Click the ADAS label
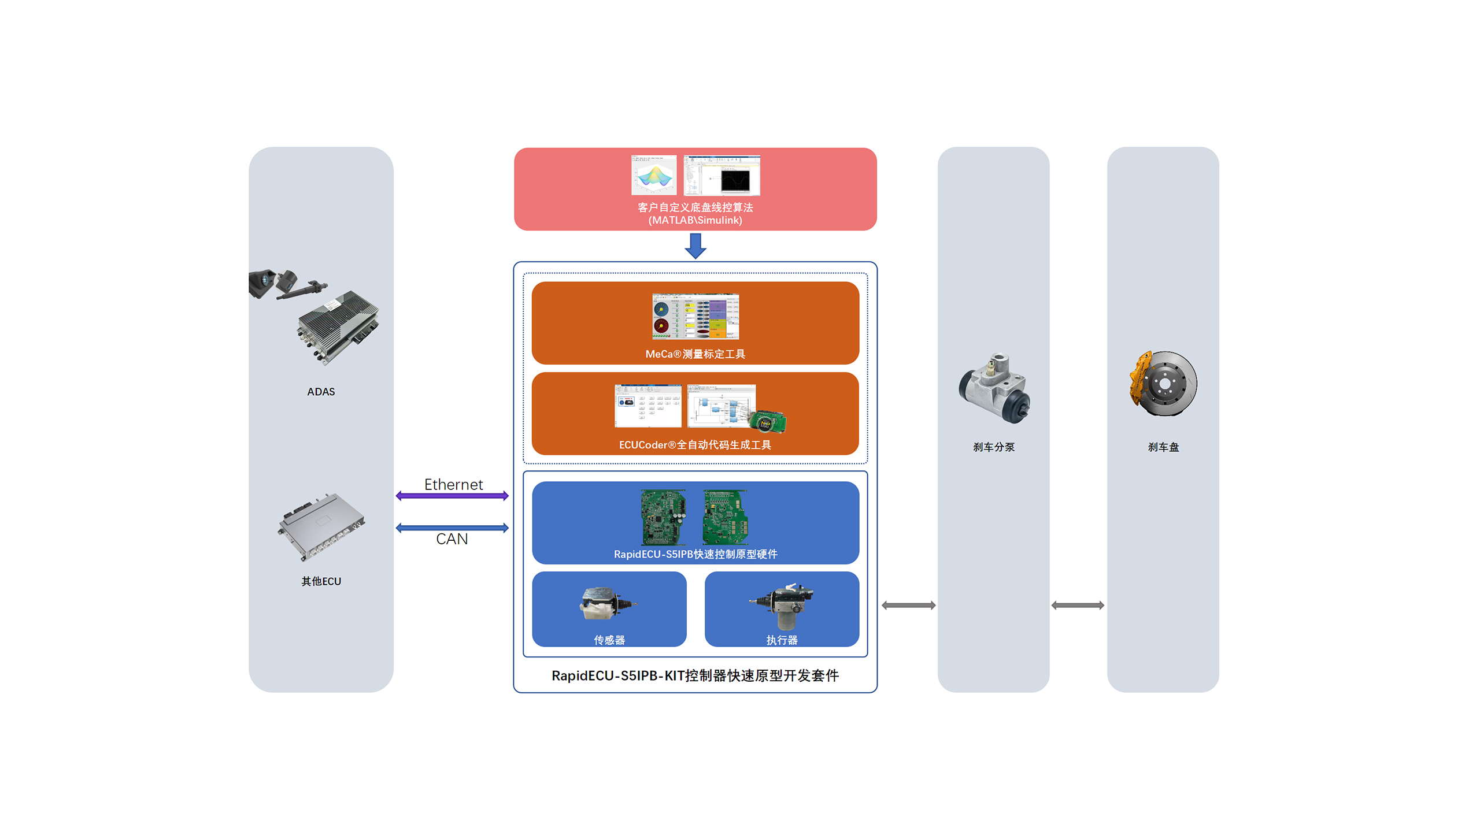pyautogui.click(x=321, y=392)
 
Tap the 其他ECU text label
pyautogui.click(x=321, y=581)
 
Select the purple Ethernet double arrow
pyautogui.click(x=452, y=496)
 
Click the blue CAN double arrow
pyautogui.click(x=452, y=528)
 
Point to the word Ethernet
pyautogui.click(x=453, y=484)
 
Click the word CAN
pyautogui.click(x=452, y=539)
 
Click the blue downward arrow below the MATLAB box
pyautogui.click(x=695, y=246)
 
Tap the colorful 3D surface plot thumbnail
pyautogui.click(x=654, y=175)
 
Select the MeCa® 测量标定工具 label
pyautogui.click(x=695, y=354)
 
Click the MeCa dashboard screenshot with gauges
pyautogui.click(x=695, y=317)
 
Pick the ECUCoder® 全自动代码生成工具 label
pyautogui.click(x=695, y=445)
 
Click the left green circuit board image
pyautogui.click(x=663, y=517)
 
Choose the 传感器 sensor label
pyautogui.click(x=609, y=640)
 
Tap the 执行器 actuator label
pyautogui.click(x=782, y=640)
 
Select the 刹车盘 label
pyautogui.click(x=1163, y=447)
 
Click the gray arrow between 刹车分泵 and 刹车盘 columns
pyautogui.click(x=1078, y=606)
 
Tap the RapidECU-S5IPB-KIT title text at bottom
pyautogui.click(x=695, y=676)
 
